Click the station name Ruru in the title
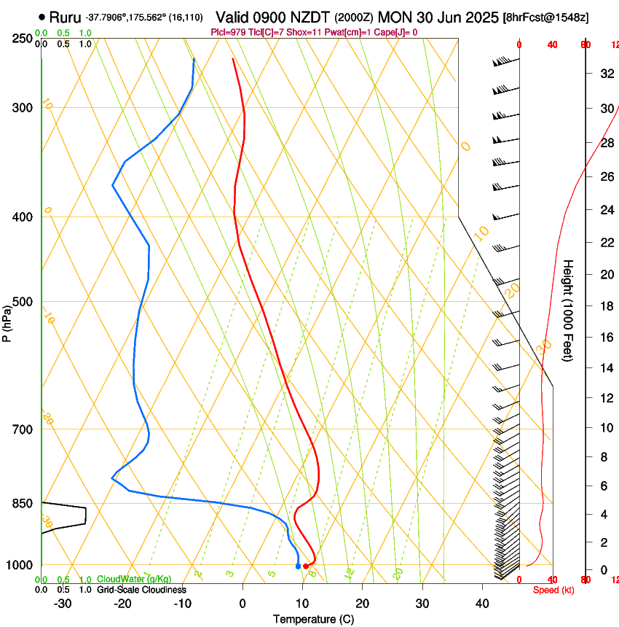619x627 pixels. coord(65,17)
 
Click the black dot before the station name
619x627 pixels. coord(42,17)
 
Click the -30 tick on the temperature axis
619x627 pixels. coord(63,604)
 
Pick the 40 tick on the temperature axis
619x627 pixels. coord(482,604)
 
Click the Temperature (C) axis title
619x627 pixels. coord(313,619)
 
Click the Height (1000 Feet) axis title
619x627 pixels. coord(569,310)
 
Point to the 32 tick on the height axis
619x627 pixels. coord(604,73)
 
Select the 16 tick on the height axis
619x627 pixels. coord(604,338)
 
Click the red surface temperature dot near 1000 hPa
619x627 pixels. coord(306,566)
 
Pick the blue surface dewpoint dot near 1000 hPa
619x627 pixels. coord(298,566)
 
